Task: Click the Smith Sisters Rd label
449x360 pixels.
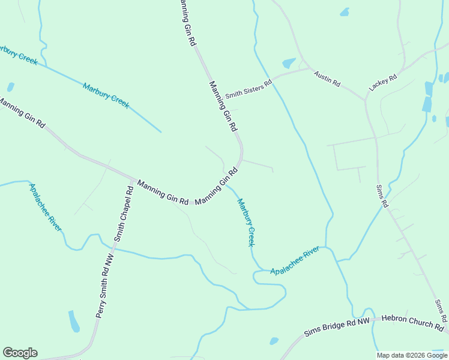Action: tap(249, 88)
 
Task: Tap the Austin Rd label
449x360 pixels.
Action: tap(327, 79)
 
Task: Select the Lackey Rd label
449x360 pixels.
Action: tap(383, 82)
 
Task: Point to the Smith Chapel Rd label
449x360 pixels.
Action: tap(123, 213)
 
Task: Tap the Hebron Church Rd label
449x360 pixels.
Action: tap(412, 323)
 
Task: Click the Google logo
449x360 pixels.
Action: tap(20, 353)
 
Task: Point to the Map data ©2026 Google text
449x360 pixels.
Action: tap(412, 355)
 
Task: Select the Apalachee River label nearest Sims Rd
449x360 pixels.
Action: tap(294, 262)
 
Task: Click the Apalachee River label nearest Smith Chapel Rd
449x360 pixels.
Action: tap(45, 207)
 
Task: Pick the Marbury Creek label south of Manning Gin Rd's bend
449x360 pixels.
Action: tap(247, 223)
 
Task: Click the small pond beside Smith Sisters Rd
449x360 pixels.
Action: tap(289, 63)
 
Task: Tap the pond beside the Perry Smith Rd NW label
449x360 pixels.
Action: tap(74, 321)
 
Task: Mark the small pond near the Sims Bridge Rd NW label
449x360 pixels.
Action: tap(274, 341)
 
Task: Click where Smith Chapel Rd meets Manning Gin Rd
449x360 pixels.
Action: tap(134, 179)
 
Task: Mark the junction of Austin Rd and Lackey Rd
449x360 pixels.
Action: tap(365, 99)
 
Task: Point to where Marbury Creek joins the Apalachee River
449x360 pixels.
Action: tap(263, 269)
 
